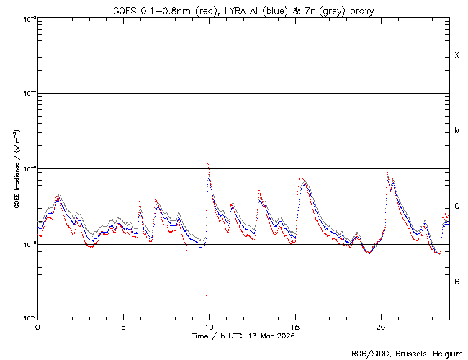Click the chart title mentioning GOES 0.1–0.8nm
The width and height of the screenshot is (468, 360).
tap(243, 11)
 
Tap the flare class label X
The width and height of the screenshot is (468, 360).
tap(457, 55)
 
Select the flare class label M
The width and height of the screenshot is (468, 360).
tap(457, 131)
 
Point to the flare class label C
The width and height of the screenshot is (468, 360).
tap(457, 207)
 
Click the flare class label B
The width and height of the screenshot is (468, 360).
tap(457, 282)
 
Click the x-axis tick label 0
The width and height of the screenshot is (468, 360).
tap(37, 327)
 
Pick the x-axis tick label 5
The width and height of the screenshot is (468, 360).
tap(123, 327)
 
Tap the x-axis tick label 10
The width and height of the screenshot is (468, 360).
tap(210, 327)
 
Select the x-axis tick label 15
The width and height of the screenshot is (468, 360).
tap(295, 327)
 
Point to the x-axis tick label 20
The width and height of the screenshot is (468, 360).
tap(381, 327)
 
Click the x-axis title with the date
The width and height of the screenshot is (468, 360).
tap(243, 336)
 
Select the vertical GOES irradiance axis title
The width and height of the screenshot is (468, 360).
tap(16, 169)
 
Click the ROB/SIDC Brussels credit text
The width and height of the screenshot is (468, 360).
tap(407, 353)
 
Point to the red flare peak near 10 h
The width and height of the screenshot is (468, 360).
tap(207, 163)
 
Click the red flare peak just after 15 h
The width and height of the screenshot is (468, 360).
tap(300, 176)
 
